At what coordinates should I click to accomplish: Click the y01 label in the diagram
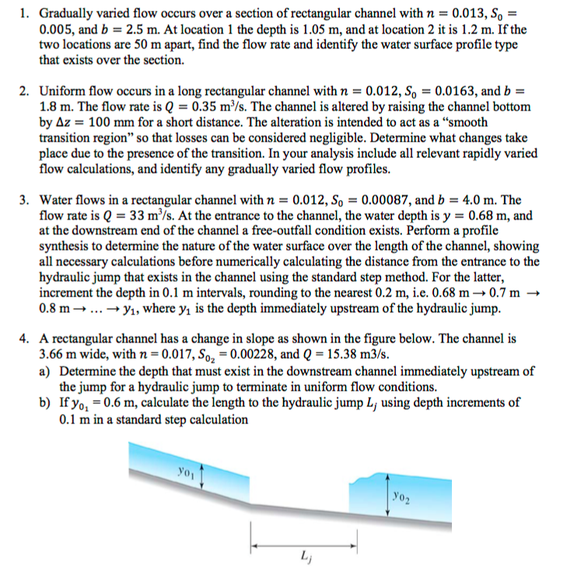[186, 471]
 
